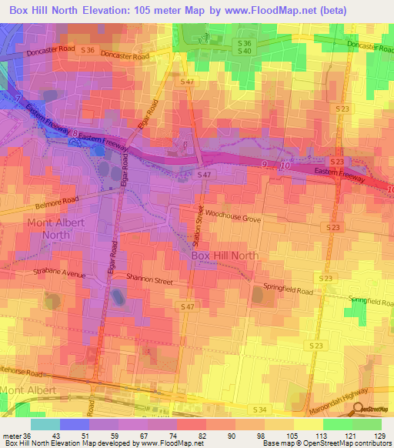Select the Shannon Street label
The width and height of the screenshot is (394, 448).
149,281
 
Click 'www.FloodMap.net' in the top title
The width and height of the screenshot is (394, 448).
276,10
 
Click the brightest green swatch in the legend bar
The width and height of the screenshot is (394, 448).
337,424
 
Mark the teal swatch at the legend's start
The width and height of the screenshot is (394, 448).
45,424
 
